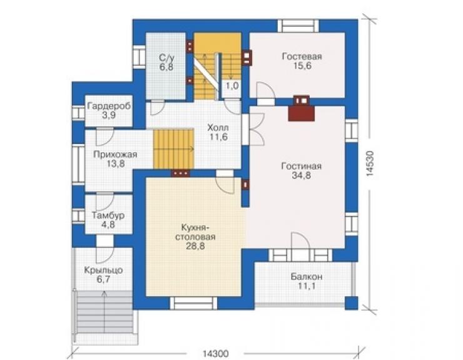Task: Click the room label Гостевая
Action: (x=302, y=56)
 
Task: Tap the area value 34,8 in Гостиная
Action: (x=301, y=175)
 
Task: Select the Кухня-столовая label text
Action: (x=195, y=232)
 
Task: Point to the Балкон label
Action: (x=306, y=277)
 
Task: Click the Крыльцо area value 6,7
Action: (x=103, y=279)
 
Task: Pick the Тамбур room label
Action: (x=108, y=215)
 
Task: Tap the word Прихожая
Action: (x=115, y=154)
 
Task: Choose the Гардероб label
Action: (x=109, y=106)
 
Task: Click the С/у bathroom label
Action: (x=166, y=57)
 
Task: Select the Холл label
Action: (x=218, y=128)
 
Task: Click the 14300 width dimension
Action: (x=215, y=354)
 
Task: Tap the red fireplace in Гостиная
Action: (x=302, y=108)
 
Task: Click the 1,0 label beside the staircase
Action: (x=232, y=86)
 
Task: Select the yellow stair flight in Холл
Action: (x=173, y=148)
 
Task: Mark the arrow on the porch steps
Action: (x=104, y=312)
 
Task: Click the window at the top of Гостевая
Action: (x=298, y=26)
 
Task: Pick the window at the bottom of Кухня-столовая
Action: (x=193, y=303)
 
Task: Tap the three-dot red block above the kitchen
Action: (x=180, y=173)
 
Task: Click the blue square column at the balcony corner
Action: (x=352, y=303)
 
